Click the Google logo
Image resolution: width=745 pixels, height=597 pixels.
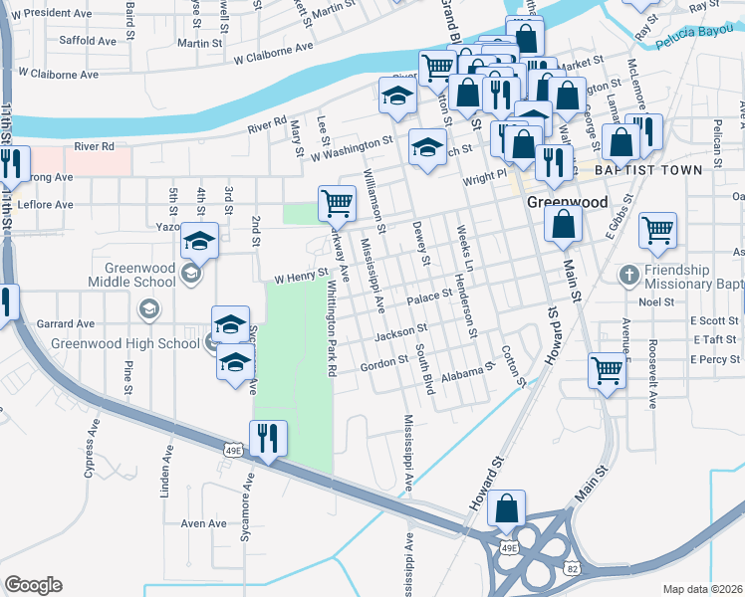tap(33, 585)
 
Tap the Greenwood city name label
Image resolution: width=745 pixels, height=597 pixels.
tap(566, 202)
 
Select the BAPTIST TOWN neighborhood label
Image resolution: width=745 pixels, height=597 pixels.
tap(649, 170)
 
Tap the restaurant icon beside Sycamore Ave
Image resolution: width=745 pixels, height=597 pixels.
tap(268, 438)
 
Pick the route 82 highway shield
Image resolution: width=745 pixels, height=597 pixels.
tap(571, 567)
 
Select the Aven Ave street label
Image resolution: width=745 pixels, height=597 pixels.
tap(203, 523)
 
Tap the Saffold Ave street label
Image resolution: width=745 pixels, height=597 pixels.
tap(88, 41)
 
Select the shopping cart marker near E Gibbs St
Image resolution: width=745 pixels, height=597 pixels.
tap(657, 230)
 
